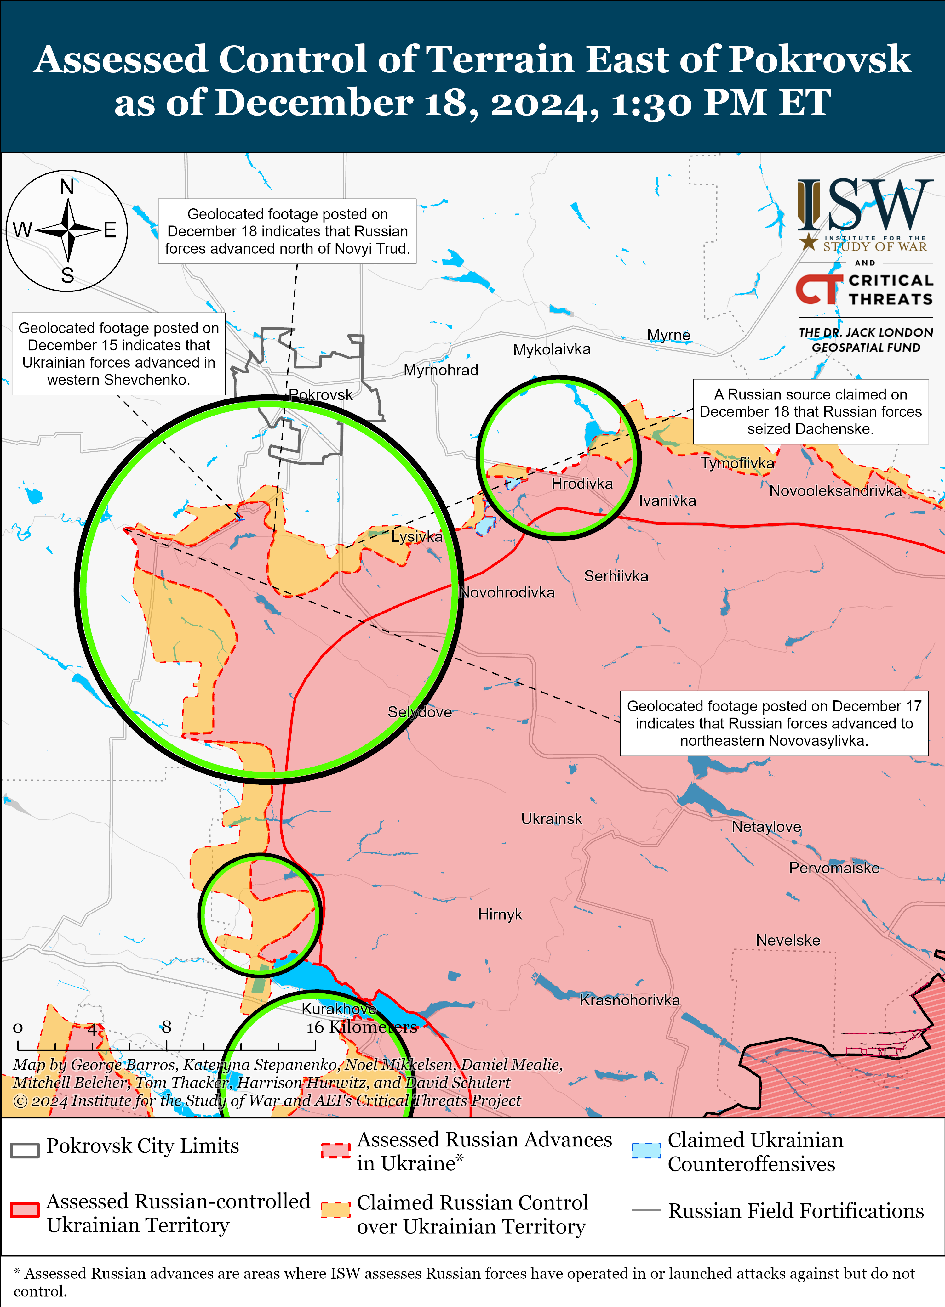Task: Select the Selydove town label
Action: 419,712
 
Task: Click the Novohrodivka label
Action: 507,592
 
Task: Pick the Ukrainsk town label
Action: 551,819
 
